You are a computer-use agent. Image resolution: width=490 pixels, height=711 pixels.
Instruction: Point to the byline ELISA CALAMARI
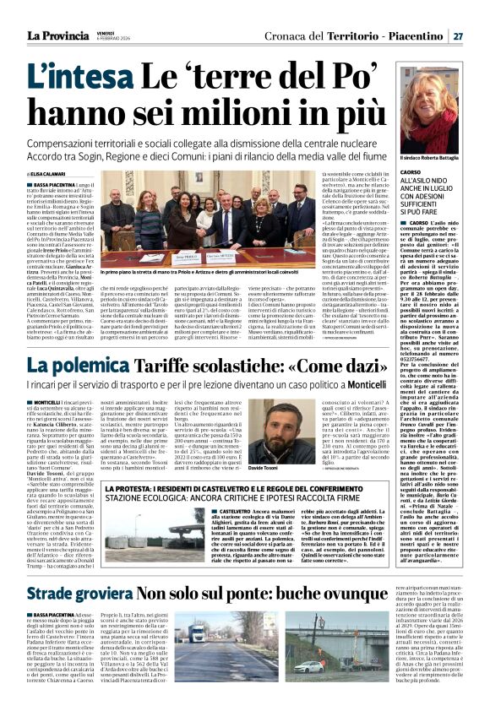coord(46,175)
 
